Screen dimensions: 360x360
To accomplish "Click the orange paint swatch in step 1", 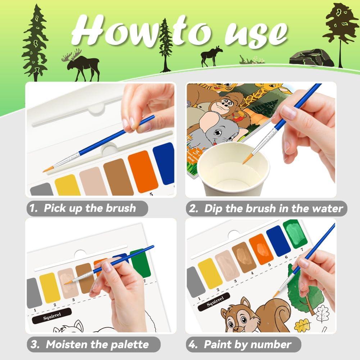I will pos(143,171).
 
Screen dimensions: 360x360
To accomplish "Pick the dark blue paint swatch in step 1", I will pos(164,163).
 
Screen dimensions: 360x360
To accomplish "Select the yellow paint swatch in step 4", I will pos(210,273).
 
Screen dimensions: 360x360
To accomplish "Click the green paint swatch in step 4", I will pos(295,234).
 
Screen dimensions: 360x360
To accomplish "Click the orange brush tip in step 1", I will pos(48,169).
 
